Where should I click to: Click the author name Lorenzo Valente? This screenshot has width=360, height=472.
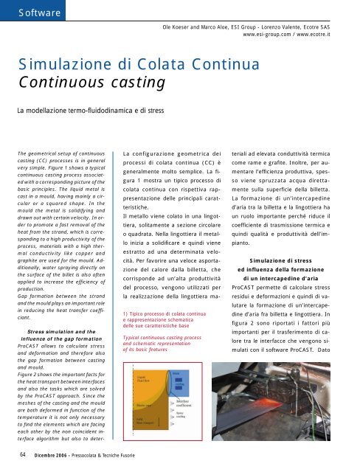pyautogui.click(x=277, y=24)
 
